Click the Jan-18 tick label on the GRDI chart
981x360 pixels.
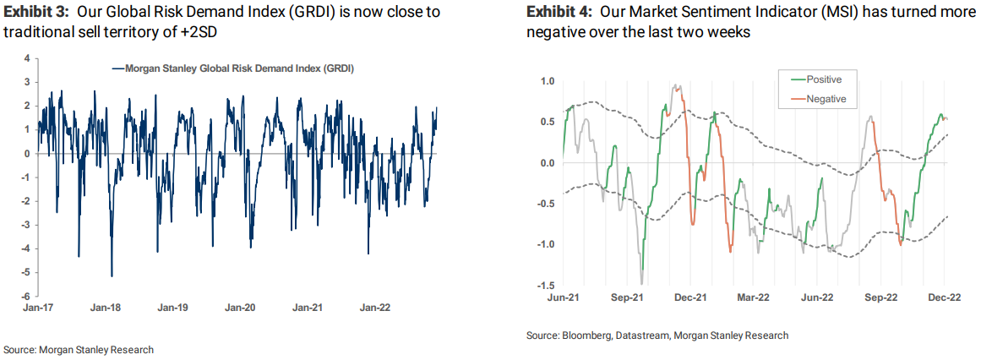point(105,308)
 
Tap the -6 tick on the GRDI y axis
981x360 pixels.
point(26,296)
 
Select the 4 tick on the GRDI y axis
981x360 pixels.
point(27,58)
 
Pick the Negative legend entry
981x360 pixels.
point(826,99)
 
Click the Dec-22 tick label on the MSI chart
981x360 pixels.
point(944,297)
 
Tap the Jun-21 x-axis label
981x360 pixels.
point(562,297)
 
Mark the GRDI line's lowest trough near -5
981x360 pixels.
point(112,275)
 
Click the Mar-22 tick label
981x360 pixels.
point(753,297)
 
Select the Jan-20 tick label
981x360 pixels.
point(241,308)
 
